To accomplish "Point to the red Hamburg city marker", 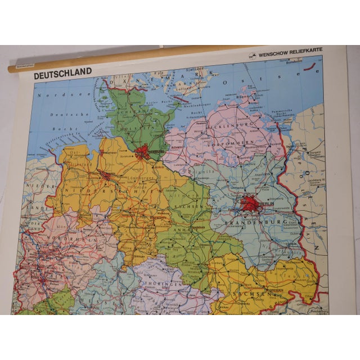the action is (143, 151).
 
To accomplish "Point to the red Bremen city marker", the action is (106, 175).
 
